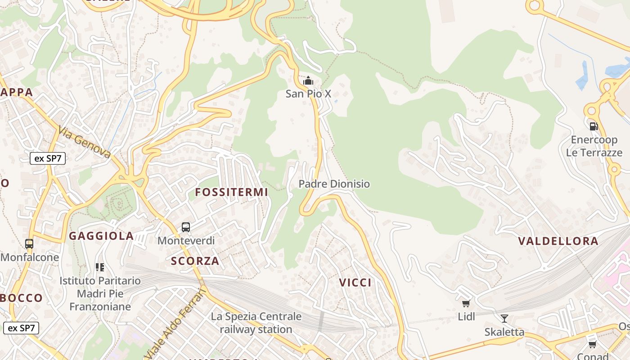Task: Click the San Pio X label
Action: [308, 94]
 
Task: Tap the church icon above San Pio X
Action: [308, 81]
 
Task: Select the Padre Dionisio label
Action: [334, 184]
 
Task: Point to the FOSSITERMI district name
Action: [231, 192]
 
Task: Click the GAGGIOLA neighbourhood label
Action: [101, 236]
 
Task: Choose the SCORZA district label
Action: [195, 261]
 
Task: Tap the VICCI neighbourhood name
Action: [355, 283]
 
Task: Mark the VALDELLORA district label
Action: [558, 241]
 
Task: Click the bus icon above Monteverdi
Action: [186, 227]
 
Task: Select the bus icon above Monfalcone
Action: [29, 244]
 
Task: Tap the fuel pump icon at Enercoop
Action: [594, 126]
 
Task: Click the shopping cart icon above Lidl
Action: [466, 304]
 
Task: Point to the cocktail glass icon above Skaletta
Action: [504, 319]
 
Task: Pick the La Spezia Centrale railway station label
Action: [256, 323]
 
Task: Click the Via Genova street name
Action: [84, 142]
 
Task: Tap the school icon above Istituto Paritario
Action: [100, 267]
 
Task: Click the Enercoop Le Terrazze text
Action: [594, 146]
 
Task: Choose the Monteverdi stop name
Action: [186, 241]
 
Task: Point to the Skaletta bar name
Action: [504, 332]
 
